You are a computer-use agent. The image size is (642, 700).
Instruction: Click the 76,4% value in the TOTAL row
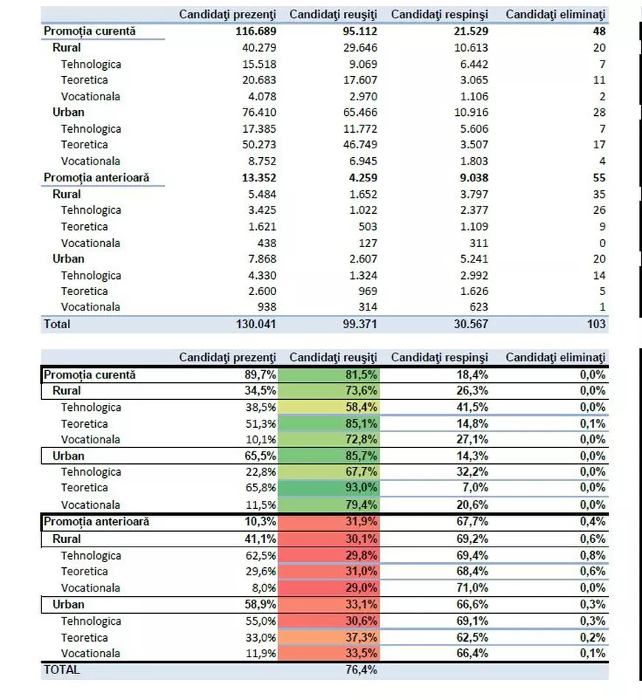pos(362,670)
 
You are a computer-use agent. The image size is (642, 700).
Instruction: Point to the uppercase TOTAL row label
pos(62,670)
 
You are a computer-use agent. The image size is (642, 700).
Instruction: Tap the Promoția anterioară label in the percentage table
pos(97,521)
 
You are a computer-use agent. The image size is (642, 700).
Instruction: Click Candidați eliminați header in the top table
pos(556,15)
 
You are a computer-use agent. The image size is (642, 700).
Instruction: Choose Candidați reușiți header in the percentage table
pos(333,358)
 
